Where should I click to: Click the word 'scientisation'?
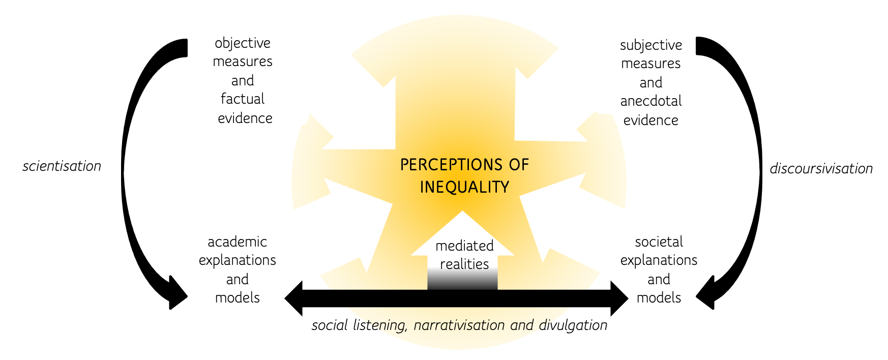62,166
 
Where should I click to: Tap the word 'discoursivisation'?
821,169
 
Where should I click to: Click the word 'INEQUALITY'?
464,187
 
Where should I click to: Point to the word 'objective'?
243,44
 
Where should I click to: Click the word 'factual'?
243,99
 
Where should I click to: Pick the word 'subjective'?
651,46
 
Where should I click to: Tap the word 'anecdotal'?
651,101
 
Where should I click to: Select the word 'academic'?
237,242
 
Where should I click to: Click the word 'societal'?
659,242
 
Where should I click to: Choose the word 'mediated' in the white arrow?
464,246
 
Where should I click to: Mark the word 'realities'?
464,264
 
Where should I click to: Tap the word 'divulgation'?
573,325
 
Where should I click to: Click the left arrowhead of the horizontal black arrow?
294,298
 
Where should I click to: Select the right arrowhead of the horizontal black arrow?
619,298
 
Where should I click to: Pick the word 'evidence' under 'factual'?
245,118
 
